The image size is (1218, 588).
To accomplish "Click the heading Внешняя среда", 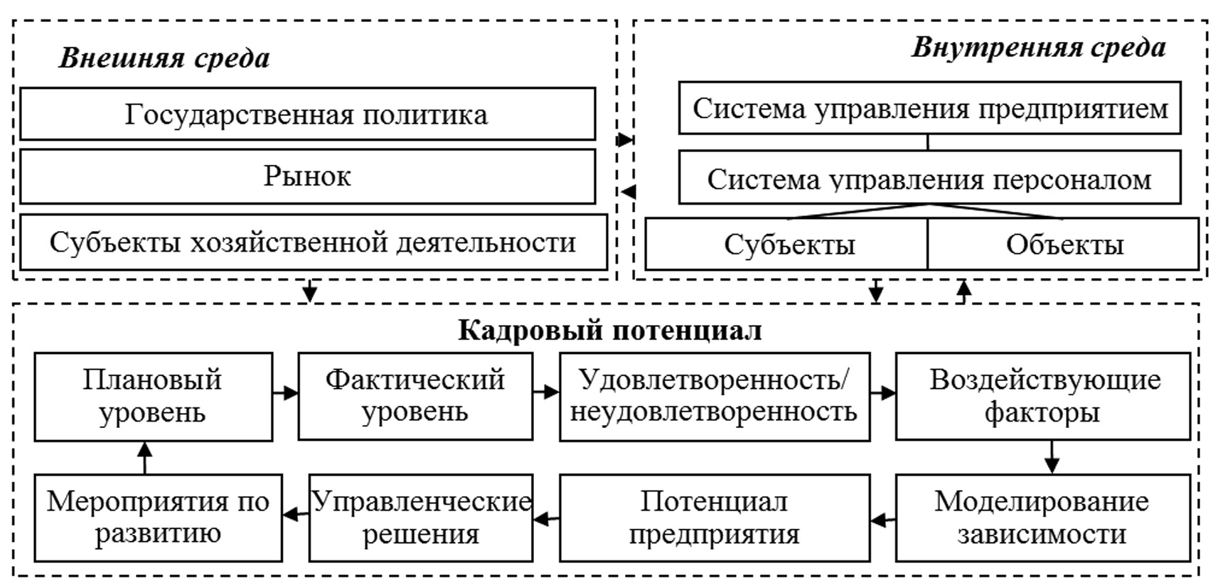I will coord(164,58).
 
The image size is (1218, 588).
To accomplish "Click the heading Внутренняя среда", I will coord(1038,48).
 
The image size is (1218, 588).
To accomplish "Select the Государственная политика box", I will coord(307,114).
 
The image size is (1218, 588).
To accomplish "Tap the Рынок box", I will coord(307,176).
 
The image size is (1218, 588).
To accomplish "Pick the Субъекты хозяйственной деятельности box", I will coord(313,242).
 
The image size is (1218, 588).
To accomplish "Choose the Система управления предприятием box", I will coord(929,109).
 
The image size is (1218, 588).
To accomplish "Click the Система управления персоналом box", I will coord(929,179).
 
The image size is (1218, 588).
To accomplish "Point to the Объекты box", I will coord(1064,245).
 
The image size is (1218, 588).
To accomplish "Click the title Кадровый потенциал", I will coord(609,330).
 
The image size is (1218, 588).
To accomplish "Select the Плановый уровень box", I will coord(153,397).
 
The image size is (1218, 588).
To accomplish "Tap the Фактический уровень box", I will coord(415,397).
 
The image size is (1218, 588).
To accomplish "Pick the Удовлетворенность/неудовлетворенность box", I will coord(714,397).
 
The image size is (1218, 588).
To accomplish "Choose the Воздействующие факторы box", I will coord(1042,397).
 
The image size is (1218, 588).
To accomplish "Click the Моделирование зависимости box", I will coord(1042,518).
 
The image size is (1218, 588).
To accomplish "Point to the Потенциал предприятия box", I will coord(714,518).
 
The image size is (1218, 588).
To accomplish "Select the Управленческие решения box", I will coord(421,518).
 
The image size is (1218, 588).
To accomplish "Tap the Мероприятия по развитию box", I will coord(158,518).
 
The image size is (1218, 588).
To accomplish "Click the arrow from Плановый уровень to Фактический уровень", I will coord(285,392).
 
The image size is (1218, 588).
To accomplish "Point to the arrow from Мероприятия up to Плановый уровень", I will coord(145,457).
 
